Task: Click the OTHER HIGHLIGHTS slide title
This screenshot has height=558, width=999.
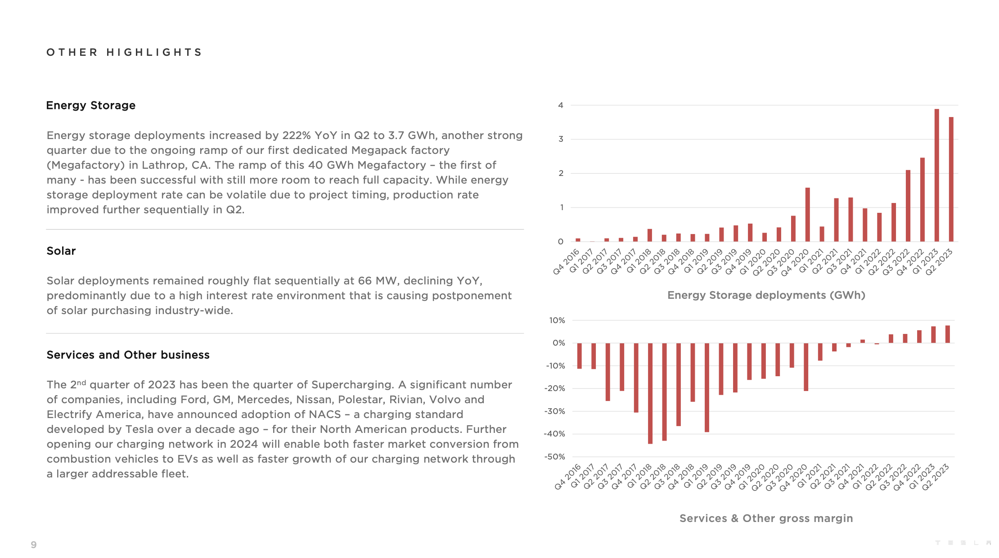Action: point(124,52)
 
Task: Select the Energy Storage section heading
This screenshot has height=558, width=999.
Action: point(90,105)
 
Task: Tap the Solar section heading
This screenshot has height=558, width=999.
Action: point(61,251)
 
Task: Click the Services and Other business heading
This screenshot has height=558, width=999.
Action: point(128,355)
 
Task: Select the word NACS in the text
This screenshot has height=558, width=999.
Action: point(324,414)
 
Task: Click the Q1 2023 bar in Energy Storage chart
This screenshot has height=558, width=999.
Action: point(937,175)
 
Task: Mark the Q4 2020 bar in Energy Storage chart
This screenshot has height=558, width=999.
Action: point(808,215)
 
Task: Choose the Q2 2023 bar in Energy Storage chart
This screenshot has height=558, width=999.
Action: point(951,180)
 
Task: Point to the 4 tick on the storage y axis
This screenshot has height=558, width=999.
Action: point(561,105)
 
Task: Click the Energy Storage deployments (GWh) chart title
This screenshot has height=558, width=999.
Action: point(766,295)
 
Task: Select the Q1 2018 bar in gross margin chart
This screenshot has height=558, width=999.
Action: point(650,393)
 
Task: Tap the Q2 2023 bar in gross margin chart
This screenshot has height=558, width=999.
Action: point(948,334)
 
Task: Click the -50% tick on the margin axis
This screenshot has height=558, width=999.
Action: point(554,457)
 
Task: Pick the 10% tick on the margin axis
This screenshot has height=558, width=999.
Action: point(557,320)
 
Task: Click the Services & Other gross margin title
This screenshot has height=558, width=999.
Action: point(766,518)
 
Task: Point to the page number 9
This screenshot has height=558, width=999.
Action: point(34,545)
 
